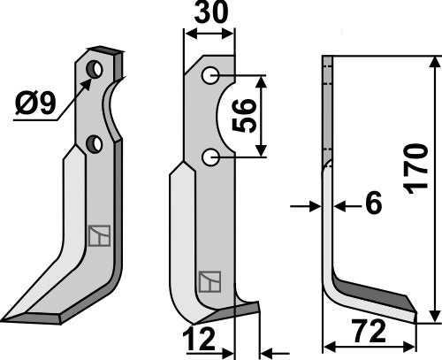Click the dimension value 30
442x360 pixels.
210,14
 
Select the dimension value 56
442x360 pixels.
248,115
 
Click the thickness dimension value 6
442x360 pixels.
373,205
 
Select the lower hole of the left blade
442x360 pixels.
95,142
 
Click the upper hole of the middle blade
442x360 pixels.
210,75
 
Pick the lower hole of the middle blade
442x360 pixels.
210,157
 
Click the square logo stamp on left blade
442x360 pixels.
98,236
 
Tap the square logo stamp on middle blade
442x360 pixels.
209,281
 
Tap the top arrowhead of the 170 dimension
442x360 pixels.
434,62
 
